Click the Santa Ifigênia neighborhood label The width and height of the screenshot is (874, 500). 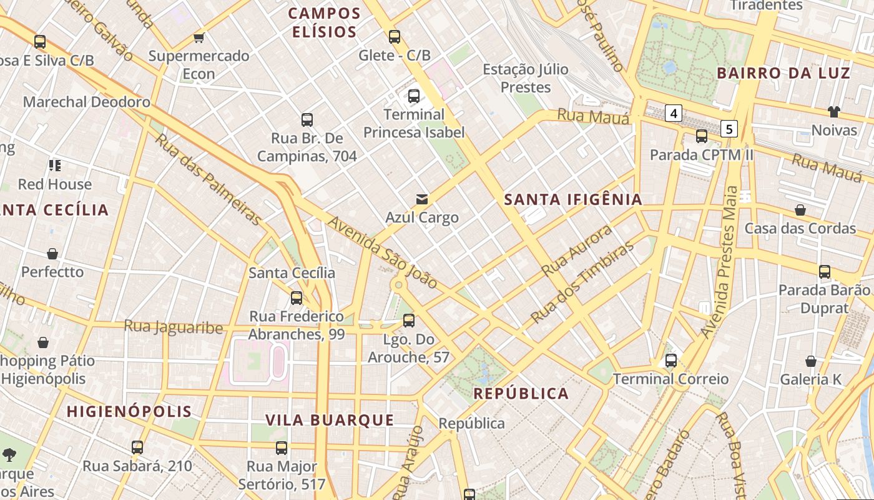pyautogui.click(x=572, y=199)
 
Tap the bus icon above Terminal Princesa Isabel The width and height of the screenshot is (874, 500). pyautogui.click(x=413, y=96)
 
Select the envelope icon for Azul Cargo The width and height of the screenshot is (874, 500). pyautogui.click(x=422, y=199)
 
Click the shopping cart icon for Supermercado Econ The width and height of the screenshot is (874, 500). pyautogui.click(x=199, y=37)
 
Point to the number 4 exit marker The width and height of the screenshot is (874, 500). pyautogui.click(x=673, y=113)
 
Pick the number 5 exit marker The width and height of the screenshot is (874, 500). pyautogui.click(x=729, y=129)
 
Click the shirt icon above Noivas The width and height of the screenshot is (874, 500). pyautogui.click(x=834, y=112)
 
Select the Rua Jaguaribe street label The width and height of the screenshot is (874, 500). pyautogui.click(x=173, y=326)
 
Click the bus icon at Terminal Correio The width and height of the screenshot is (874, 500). pyautogui.click(x=671, y=361)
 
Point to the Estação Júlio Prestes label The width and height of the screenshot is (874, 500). pyautogui.click(x=525, y=78)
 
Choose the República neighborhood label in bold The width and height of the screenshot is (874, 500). pyautogui.click(x=521, y=393)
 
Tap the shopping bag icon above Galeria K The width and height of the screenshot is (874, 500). pyautogui.click(x=810, y=361)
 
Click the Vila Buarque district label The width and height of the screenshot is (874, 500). pyautogui.click(x=330, y=420)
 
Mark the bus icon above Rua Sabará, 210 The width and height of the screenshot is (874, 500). pyautogui.click(x=137, y=447)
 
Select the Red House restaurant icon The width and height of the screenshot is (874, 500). pyautogui.click(x=55, y=166)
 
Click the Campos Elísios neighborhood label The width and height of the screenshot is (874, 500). pyautogui.click(x=325, y=22)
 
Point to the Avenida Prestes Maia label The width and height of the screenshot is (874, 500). pyautogui.click(x=722, y=262)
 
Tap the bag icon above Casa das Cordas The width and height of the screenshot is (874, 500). pyautogui.click(x=800, y=210)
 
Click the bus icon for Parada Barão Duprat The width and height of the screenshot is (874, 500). pyautogui.click(x=825, y=272)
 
